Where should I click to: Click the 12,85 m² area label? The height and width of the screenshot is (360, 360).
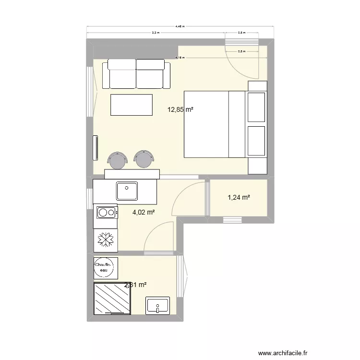pos(180,109)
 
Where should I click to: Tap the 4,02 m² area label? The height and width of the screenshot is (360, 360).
pos(144,212)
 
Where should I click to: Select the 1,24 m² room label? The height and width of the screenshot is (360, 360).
pos(239,197)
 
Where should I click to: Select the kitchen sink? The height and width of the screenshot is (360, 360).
pos(127,191)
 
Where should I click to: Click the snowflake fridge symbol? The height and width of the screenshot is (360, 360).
pos(105,240)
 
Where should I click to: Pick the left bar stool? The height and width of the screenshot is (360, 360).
pos(117,160)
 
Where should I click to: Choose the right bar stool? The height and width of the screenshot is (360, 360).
pos(144,159)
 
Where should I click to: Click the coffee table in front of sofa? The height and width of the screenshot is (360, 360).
pos(132,105)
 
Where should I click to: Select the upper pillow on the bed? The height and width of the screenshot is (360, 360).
pos(256,107)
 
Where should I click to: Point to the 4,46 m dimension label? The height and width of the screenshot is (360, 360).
pos(180,27)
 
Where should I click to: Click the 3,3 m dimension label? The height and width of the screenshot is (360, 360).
pos(156,33)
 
